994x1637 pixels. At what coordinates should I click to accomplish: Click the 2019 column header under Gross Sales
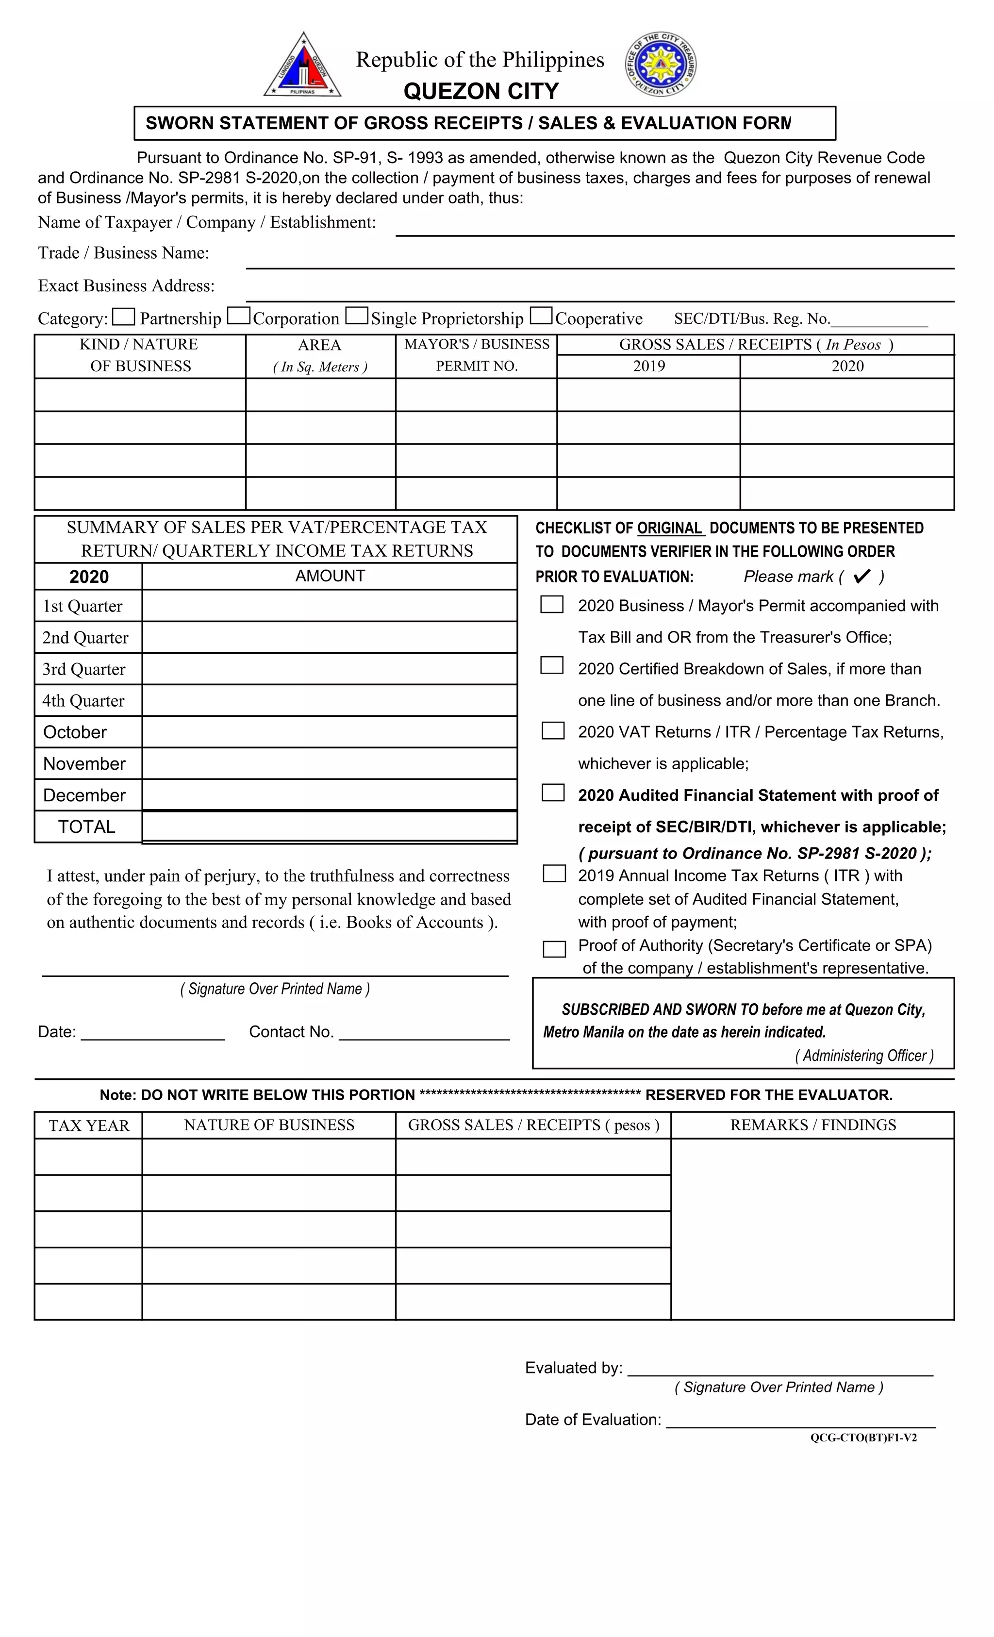(x=648, y=366)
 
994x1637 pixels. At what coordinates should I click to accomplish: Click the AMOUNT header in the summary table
(x=330, y=576)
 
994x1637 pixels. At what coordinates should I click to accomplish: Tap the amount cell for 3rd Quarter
(x=330, y=669)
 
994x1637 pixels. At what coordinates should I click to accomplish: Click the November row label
(x=84, y=764)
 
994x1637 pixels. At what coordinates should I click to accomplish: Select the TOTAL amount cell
(x=330, y=827)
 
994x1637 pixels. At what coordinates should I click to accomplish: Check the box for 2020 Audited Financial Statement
(x=553, y=793)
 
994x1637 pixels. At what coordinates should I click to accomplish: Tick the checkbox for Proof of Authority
(x=554, y=949)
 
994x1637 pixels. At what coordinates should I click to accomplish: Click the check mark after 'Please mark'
(x=862, y=576)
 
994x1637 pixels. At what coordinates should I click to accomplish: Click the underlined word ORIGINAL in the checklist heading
(x=670, y=528)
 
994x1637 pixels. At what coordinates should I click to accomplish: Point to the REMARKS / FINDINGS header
(x=812, y=1125)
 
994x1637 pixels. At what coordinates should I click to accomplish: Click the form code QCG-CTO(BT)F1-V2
(x=863, y=1438)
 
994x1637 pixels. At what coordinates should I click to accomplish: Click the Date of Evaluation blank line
(x=801, y=1421)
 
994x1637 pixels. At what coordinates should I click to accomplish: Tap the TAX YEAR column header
(x=88, y=1125)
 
